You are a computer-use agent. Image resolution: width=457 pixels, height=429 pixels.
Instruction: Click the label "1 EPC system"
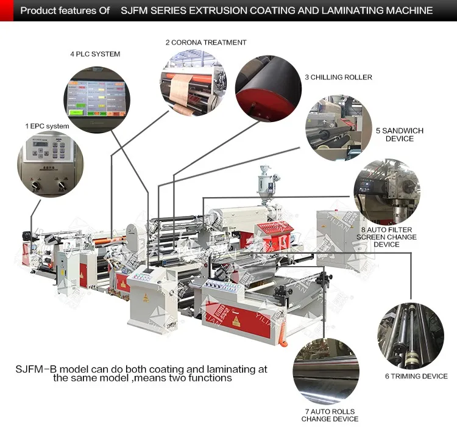[x=47, y=126]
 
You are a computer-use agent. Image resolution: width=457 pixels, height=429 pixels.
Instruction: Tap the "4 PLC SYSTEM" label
[x=95, y=54]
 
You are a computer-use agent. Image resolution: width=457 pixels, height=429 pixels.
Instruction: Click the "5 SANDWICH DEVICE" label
[x=399, y=134]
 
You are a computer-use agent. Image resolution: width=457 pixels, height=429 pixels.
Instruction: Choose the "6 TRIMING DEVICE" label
[x=416, y=377]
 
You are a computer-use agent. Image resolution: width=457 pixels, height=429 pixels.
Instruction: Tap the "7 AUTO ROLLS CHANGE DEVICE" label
[x=330, y=415]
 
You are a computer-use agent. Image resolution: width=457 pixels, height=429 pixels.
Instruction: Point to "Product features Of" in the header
[x=65, y=10]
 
